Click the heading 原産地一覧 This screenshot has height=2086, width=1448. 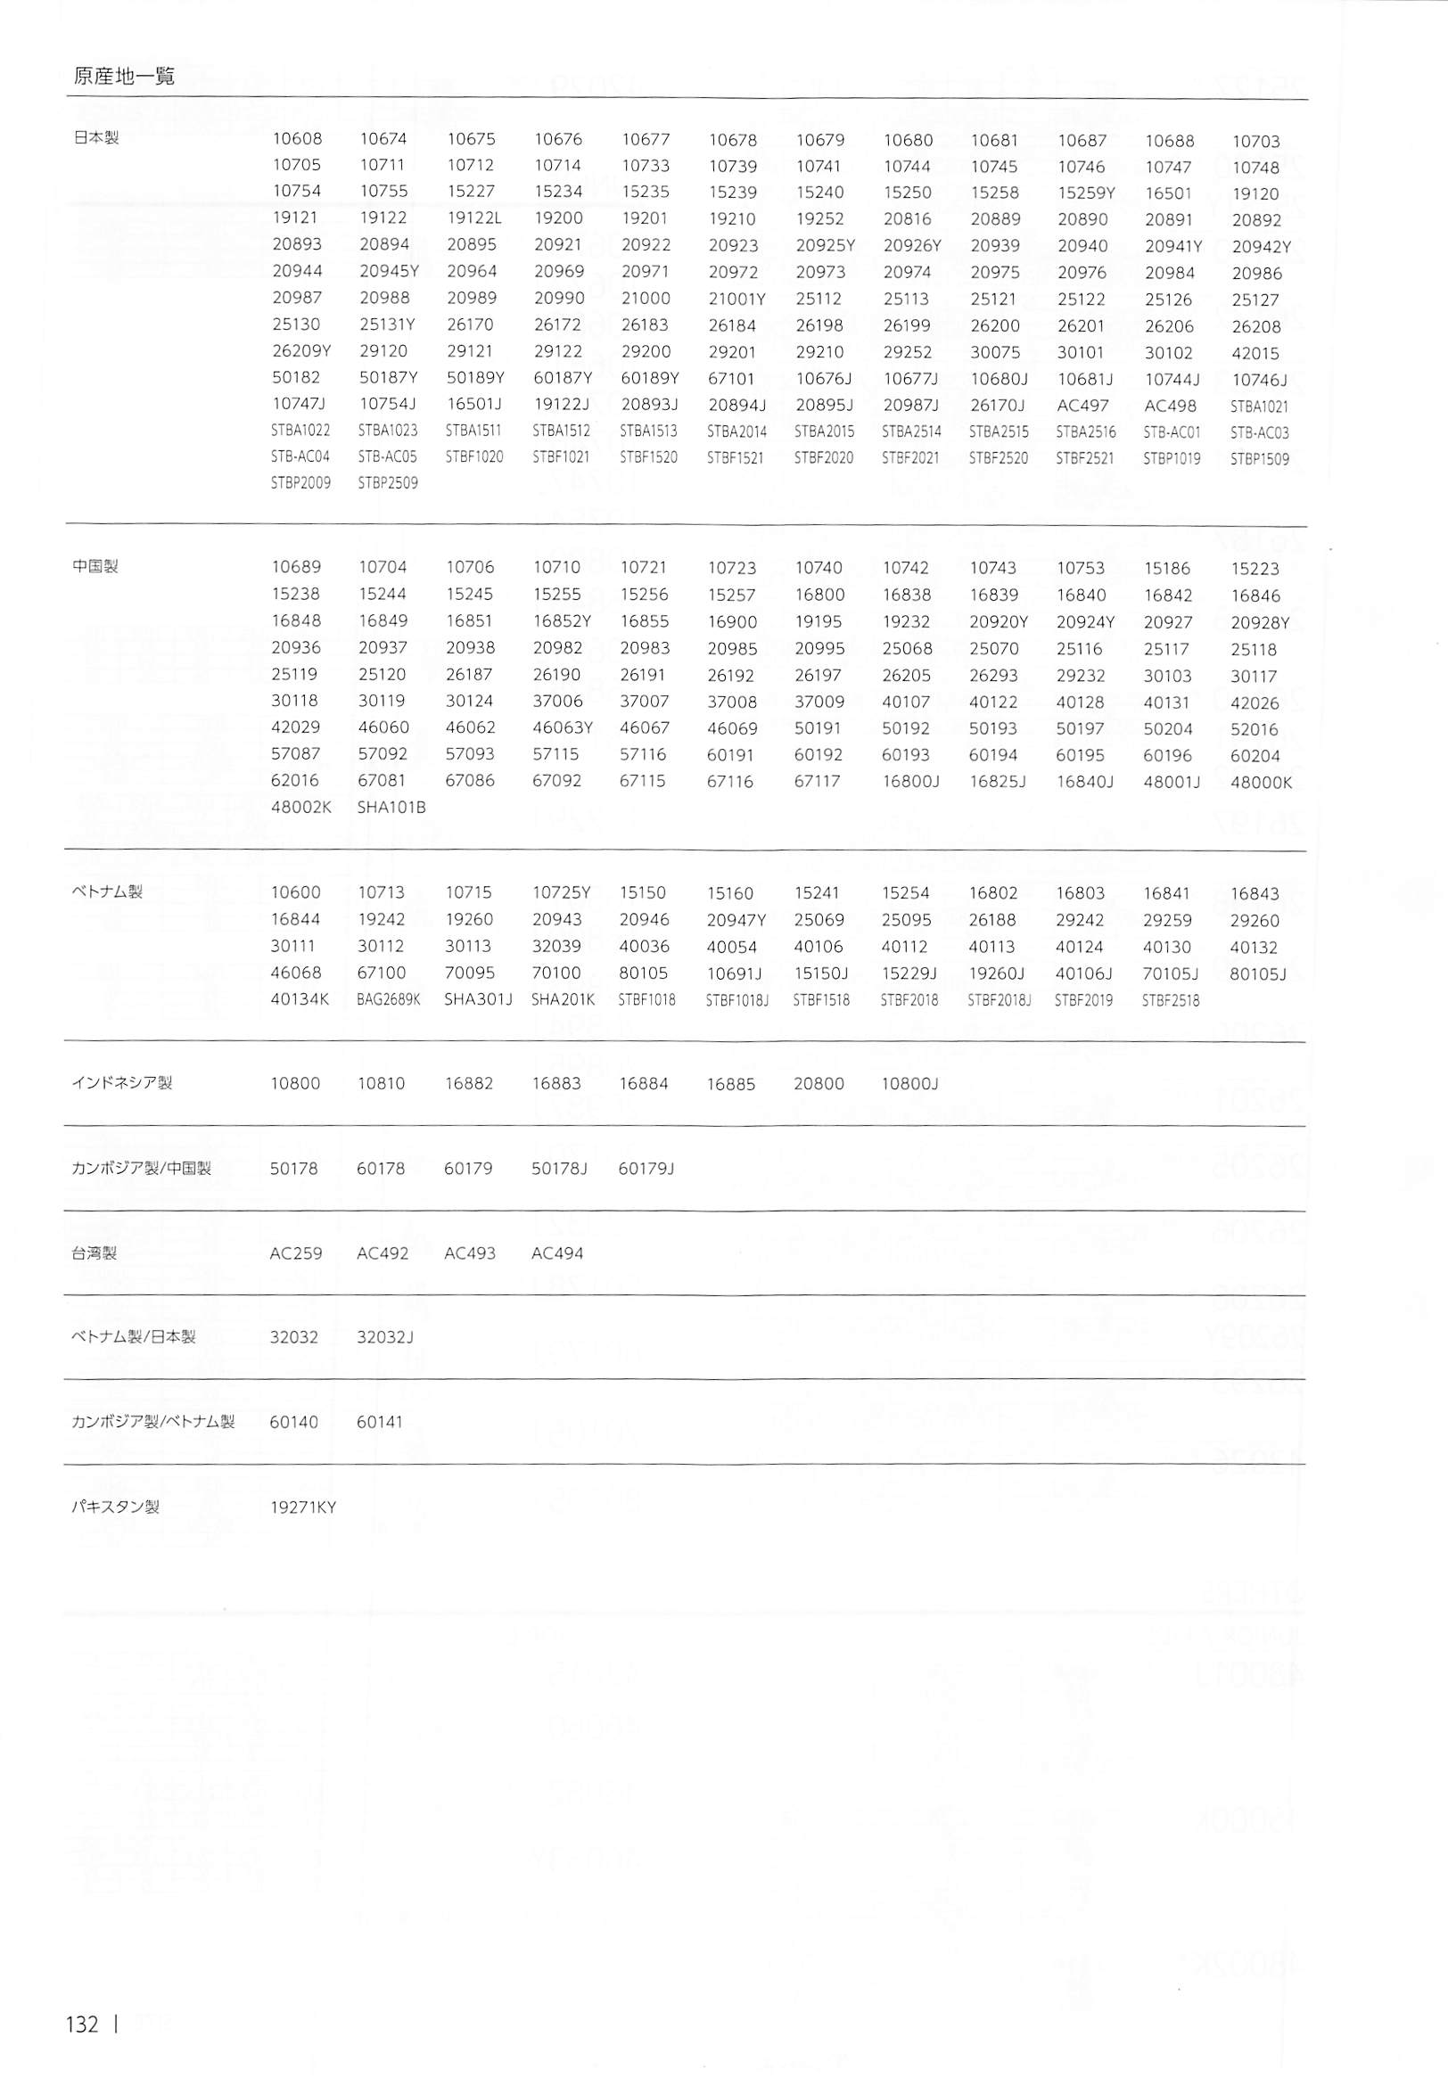(x=123, y=76)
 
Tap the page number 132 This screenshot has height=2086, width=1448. (x=82, y=2024)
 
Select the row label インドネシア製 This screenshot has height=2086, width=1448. (x=121, y=1082)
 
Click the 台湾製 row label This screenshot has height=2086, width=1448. (x=95, y=1252)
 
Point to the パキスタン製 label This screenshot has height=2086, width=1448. (x=115, y=1507)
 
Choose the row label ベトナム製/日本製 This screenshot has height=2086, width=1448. (x=134, y=1336)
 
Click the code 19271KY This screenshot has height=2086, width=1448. (x=303, y=1507)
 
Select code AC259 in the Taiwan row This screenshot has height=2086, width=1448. (x=296, y=1253)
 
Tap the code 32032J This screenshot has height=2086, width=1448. (x=385, y=1337)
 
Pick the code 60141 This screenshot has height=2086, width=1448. (x=380, y=1422)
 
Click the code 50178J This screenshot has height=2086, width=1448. (x=560, y=1168)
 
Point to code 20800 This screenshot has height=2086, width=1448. (x=819, y=1083)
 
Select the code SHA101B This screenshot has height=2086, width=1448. (x=391, y=806)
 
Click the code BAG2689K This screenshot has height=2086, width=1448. (x=389, y=999)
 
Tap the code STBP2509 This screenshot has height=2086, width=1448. (x=387, y=483)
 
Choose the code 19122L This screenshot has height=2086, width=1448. (x=473, y=218)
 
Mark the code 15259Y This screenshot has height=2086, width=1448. (x=1086, y=193)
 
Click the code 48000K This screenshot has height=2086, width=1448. (x=1260, y=782)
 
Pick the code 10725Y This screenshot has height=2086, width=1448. (x=562, y=892)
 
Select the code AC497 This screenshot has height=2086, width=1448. (x=1082, y=406)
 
